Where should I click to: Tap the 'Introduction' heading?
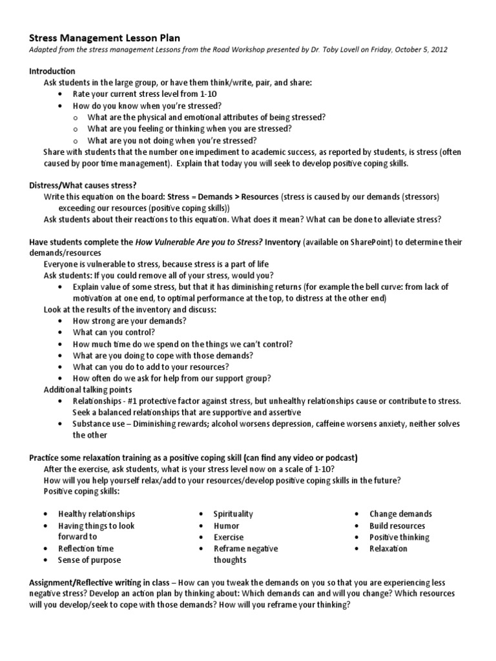coord(52,71)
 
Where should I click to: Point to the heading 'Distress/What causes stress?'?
coord(83,185)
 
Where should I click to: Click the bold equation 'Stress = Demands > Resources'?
coord(223,196)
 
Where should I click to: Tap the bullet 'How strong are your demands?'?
coord(130,321)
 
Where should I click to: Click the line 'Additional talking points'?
coord(87,390)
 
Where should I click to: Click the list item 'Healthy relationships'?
coord(97,514)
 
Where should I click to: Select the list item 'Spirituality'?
coord(233,514)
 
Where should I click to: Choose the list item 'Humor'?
coord(226,525)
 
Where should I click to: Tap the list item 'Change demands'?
coord(400,514)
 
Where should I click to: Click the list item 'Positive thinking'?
coord(399,537)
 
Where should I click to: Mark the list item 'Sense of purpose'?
coord(90,560)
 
